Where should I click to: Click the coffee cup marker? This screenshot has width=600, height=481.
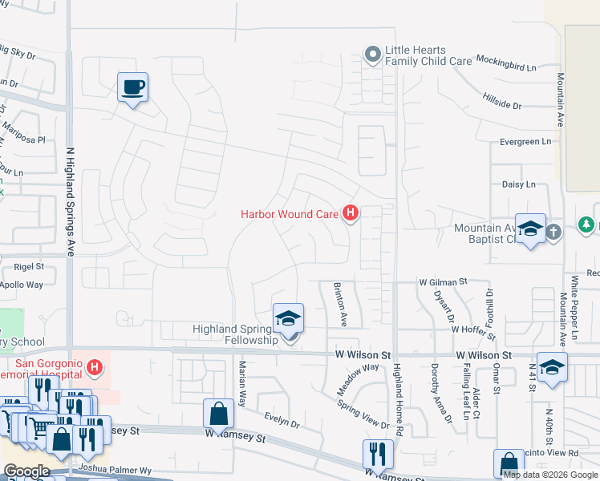pos(132,87)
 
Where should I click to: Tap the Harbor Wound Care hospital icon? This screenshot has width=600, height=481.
pos(350,213)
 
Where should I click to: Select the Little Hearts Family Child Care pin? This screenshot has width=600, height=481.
pos(371,55)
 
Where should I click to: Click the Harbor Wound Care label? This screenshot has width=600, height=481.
pos(290,214)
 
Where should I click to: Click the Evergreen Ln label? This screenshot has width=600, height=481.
pos(526,141)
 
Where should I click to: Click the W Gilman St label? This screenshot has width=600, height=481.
pos(443,282)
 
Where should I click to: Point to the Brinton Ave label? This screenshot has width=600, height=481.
pos(340,305)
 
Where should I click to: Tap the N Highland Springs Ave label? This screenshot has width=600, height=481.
pos(70,200)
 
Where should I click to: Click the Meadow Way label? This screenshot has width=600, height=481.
pos(358,378)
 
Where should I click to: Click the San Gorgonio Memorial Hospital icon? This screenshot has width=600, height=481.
pos(95,368)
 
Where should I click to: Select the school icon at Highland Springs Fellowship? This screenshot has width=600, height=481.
pos(288,319)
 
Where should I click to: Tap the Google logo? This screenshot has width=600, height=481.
pos(26,471)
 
